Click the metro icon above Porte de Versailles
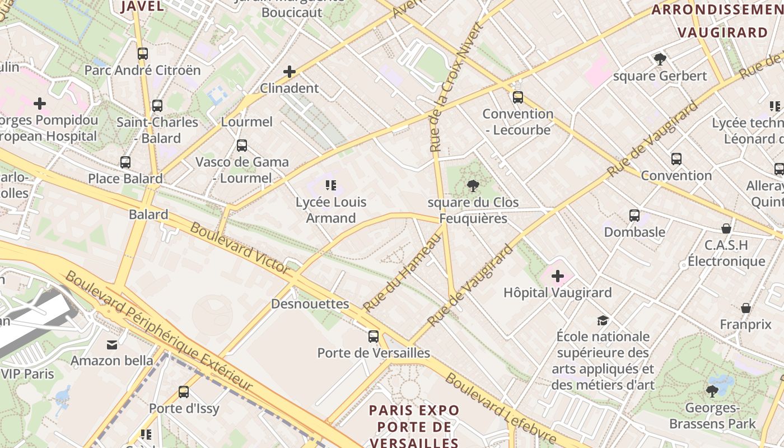pyautogui.click(x=374, y=337)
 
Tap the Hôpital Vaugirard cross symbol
pyautogui.click(x=558, y=276)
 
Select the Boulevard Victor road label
pyautogui.click(x=240, y=247)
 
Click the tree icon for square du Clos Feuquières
pyautogui.click(x=473, y=186)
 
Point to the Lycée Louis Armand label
pyautogui.click(x=331, y=210)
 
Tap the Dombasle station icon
pyautogui.click(x=634, y=216)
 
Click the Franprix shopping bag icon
pyautogui.click(x=746, y=308)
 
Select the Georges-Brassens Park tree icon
pyautogui.click(x=712, y=391)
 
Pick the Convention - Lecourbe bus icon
pyautogui.click(x=518, y=97)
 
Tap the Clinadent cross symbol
pyautogui.click(x=290, y=72)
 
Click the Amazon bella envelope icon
pyautogui.click(x=112, y=344)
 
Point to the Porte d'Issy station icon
pyautogui.click(x=184, y=392)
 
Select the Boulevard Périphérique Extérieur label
pyautogui.click(x=158, y=331)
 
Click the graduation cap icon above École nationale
pyautogui.click(x=603, y=320)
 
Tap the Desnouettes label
pyautogui.click(x=310, y=304)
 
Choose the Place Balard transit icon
pyautogui.click(x=125, y=162)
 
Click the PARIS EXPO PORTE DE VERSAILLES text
pyautogui.click(x=414, y=426)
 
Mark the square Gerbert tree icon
pyautogui.click(x=660, y=59)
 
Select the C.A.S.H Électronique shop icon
pyautogui.click(x=726, y=228)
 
